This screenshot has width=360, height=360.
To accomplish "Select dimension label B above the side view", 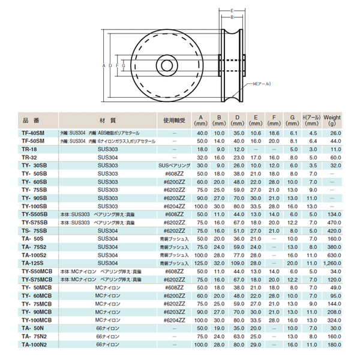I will point(231,18).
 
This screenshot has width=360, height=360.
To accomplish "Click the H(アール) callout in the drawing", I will point(262,83).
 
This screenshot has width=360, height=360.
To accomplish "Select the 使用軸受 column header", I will point(173,119).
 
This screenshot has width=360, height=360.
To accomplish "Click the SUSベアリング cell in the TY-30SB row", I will point(173,164).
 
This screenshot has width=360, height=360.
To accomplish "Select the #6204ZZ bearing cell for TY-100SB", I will point(173,205).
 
